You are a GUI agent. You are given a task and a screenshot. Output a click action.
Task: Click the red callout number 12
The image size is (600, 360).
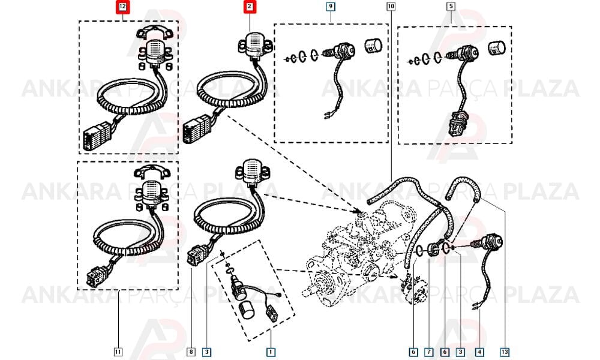tap(123, 7)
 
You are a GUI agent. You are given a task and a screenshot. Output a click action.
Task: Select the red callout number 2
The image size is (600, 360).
tap(250, 7)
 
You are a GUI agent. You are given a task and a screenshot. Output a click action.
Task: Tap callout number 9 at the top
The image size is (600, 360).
tap(330, 7)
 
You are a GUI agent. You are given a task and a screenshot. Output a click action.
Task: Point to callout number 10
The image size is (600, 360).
tap(391, 7)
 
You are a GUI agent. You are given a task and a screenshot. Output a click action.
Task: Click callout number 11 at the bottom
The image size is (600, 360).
tap(119, 352)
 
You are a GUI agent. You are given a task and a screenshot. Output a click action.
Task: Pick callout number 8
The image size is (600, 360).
tap(191, 352)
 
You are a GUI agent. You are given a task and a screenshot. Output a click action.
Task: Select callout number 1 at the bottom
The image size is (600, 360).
tap(271, 352)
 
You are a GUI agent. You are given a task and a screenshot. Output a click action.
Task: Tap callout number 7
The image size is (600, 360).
tap(429, 352)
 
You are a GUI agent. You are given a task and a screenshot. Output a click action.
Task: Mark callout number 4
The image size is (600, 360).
tap(479, 352)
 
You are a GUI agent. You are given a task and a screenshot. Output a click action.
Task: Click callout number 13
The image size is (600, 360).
tap(505, 352)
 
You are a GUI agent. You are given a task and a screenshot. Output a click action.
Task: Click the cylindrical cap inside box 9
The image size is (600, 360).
tap(373, 46)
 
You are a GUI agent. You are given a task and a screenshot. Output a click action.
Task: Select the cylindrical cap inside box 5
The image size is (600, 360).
tap(497, 48)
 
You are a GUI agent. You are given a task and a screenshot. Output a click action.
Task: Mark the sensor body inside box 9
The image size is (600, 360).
tap(342, 51)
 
